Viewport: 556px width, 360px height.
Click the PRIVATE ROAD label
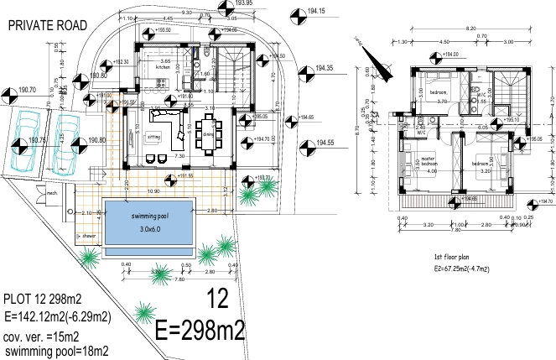(47, 26)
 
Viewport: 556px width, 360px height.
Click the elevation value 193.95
(245, 4)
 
